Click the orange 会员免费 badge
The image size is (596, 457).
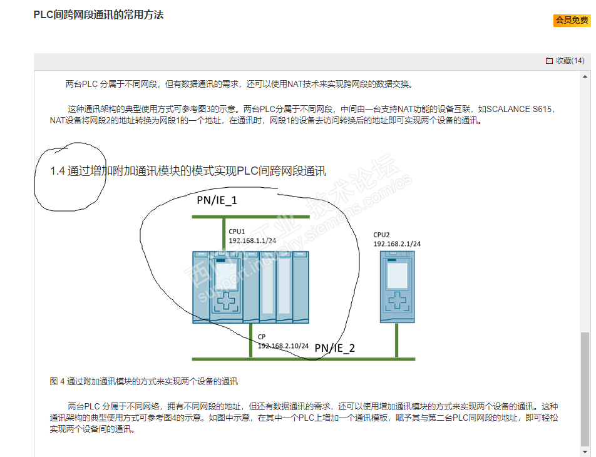572,21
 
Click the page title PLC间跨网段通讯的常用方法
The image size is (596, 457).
98,14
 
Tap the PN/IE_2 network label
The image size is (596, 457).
334,348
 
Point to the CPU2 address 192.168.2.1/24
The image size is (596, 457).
397,244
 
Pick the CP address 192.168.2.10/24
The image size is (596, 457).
283,346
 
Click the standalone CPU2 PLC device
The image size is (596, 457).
397,287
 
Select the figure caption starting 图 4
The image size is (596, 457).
143,381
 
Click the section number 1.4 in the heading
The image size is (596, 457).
58,171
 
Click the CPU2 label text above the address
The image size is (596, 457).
382,235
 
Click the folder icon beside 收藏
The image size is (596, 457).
549,61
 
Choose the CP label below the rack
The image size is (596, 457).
262,337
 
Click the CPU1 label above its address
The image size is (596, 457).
237,231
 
